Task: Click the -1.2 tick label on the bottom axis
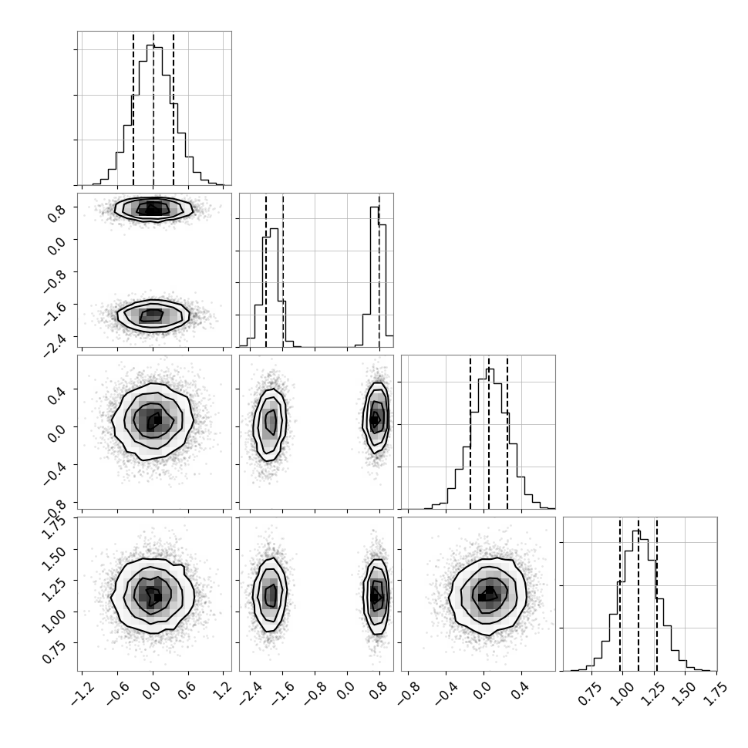coord(83,692)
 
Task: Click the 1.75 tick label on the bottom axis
coord(716,692)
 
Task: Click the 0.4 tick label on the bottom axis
coord(521,690)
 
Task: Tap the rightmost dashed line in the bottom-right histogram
coord(657,594)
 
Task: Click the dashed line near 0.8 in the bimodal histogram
coord(379,270)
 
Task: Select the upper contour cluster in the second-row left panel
coord(153,209)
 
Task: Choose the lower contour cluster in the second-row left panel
coord(153,315)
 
